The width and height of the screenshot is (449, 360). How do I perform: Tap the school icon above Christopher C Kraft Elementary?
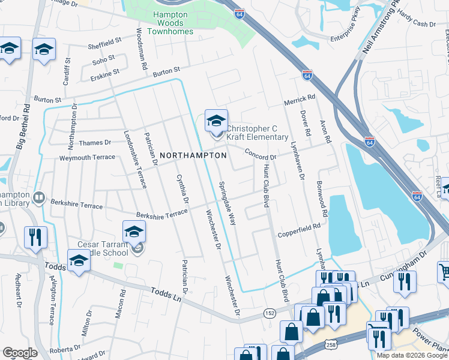click(x=216, y=121)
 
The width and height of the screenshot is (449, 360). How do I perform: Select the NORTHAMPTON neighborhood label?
click(x=193, y=155)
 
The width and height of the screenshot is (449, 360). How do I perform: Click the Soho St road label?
click(x=103, y=59)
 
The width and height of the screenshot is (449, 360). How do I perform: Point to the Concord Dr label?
click(x=260, y=154)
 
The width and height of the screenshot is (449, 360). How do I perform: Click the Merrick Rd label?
click(x=300, y=98)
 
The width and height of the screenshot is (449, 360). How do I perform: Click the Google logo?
click(x=19, y=353)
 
